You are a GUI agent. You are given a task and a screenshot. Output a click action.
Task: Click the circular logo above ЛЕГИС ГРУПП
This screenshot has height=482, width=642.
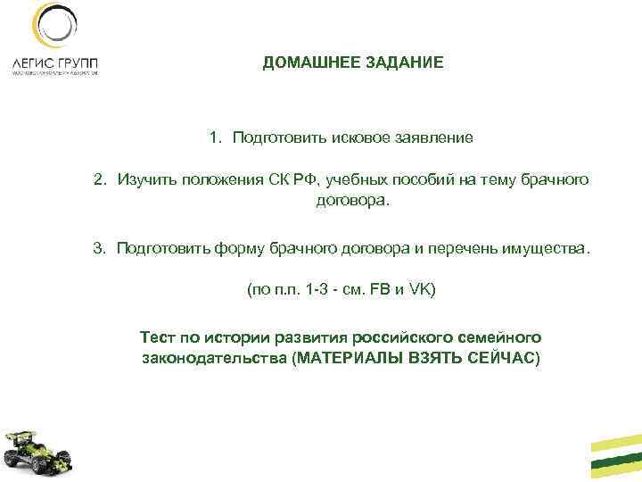click(x=52, y=28)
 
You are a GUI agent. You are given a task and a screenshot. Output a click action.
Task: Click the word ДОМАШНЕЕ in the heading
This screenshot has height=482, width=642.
click(x=305, y=64)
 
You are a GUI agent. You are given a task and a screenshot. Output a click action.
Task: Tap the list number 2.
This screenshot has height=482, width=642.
click(x=99, y=180)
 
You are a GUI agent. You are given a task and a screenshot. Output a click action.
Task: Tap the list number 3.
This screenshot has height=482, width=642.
click(x=99, y=246)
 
